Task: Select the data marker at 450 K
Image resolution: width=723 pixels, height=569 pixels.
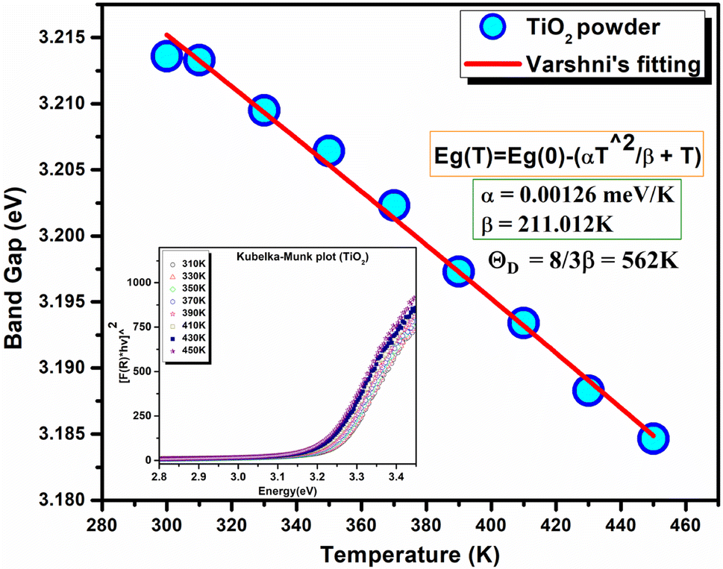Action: pos(653,438)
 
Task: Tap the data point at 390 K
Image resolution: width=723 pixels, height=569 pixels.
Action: pos(458,272)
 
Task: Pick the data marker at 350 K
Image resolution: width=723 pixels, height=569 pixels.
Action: pos(328,151)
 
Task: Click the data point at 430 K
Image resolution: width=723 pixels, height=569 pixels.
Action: pos(588,391)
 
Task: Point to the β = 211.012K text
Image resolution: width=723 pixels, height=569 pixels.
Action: pos(537,222)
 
